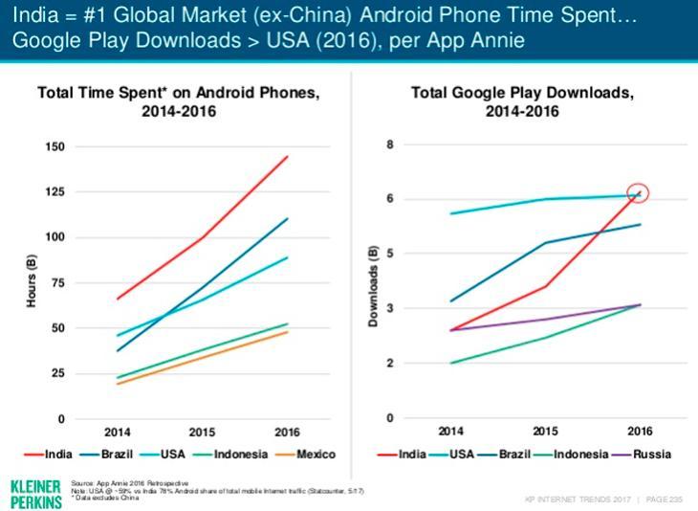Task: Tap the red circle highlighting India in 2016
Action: coord(638,192)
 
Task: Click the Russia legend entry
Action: coord(646,453)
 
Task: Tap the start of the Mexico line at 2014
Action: coord(118,383)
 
